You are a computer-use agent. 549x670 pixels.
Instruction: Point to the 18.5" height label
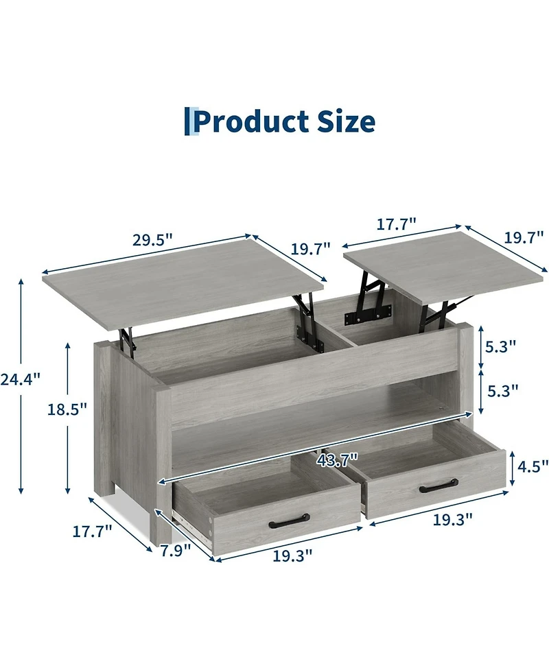67,409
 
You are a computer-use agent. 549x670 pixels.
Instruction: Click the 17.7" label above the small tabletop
396,224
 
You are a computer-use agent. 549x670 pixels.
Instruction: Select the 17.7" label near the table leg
92,531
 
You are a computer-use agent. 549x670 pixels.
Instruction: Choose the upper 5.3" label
500,347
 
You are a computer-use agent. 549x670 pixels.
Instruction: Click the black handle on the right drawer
439,488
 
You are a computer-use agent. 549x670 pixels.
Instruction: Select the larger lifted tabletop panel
182,281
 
